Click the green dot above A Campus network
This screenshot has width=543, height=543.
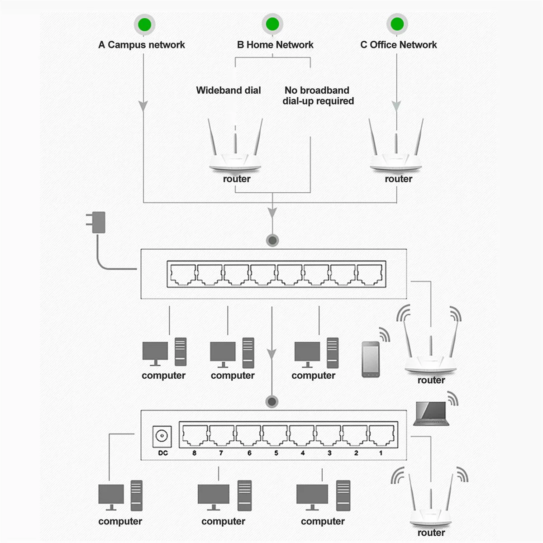pos(144,24)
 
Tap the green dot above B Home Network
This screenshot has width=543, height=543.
pos(272,24)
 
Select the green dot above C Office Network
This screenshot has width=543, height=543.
pos(397,24)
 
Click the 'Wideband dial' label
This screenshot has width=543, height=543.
pos(228,90)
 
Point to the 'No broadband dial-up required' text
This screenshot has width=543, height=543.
pos(318,95)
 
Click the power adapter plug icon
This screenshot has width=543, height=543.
pos(96,222)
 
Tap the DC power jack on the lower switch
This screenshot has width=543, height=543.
pos(162,436)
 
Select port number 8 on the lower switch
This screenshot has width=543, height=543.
pos(195,435)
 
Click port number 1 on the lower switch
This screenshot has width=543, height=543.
pos(381,435)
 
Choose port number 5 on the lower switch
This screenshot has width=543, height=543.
pos(275,435)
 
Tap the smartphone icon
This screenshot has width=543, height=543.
pos(371,359)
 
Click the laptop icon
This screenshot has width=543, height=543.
pos(431,414)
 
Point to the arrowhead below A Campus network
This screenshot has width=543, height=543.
pos(143,106)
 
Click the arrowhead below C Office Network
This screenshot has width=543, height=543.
pos(396,106)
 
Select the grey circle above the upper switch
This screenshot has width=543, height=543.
pos(272,240)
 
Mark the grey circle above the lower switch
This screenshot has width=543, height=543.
pos(272,401)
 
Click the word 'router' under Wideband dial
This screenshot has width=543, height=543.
pos(237,179)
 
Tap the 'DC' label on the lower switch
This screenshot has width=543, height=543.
pos(163,453)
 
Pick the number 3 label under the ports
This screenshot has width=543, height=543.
pos(329,453)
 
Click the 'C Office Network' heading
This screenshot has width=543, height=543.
pos(399,44)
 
